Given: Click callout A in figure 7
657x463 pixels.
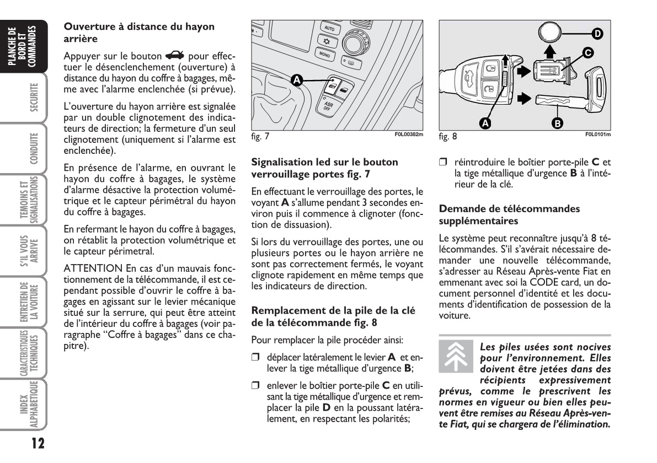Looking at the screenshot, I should (x=296, y=80).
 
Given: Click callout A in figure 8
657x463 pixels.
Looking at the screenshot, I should (x=485, y=123).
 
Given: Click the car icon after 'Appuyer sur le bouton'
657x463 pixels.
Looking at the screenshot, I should (x=175, y=56).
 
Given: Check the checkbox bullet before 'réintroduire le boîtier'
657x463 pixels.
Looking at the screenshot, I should (x=443, y=163).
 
